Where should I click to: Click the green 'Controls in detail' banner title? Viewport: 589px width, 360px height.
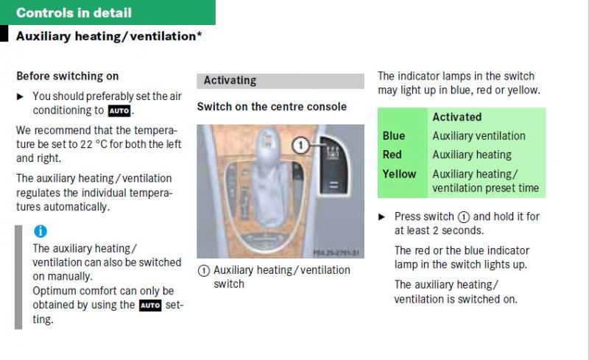[x=74, y=13]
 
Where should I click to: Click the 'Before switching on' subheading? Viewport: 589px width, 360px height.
[x=68, y=77]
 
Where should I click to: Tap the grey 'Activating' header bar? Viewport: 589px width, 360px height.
[x=281, y=81]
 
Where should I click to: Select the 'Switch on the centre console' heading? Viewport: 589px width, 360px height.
[x=272, y=107]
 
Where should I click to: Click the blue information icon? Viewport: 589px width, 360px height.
[x=40, y=231]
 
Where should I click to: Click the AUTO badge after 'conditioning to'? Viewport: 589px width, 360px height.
[x=119, y=111]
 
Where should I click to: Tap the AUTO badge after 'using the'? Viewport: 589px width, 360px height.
[x=150, y=306]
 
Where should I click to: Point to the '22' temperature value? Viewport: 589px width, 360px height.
[x=86, y=144]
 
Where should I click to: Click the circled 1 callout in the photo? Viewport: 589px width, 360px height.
[x=300, y=145]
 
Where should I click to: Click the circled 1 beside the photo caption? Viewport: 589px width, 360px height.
[x=204, y=271]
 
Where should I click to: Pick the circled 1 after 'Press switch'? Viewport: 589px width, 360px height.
[x=464, y=217]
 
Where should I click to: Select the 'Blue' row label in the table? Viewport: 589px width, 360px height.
[x=394, y=135]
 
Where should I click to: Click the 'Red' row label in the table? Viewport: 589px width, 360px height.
[x=392, y=155]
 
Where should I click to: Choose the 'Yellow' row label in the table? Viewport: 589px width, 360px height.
[x=399, y=174]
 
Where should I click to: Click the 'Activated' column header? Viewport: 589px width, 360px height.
[x=456, y=117]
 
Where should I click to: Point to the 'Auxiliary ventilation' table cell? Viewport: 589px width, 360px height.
[x=479, y=135]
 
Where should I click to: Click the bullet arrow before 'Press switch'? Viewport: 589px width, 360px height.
[x=381, y=217]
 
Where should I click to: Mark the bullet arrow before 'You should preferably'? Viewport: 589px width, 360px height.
[x=20, y=97]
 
